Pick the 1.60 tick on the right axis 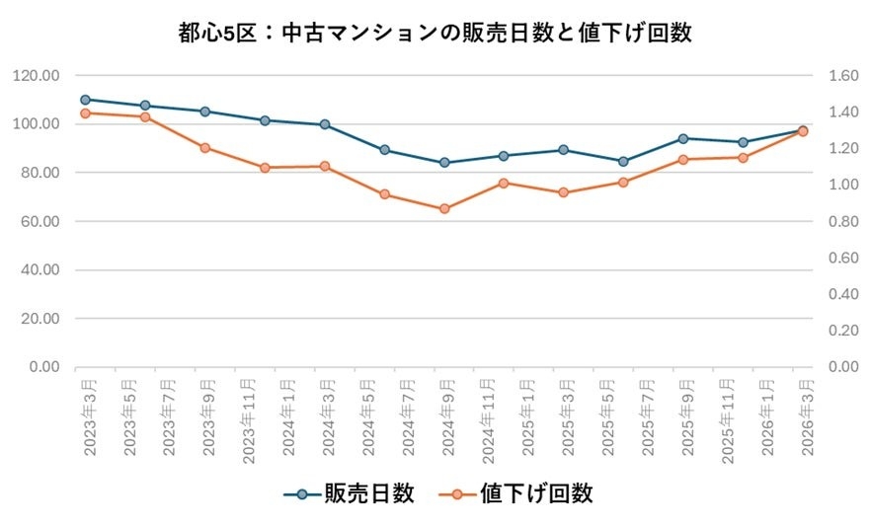click(x=832, y=76)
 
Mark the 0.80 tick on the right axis click(x=832, y=221)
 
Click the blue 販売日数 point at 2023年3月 click(x=85, y=100)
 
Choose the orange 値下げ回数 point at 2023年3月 click(x=85, y=113)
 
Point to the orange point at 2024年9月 click(x=444, y=209)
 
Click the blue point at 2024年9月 click(x=444, y=163)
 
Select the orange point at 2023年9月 click(x=204, y=148)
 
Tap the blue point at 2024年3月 click(x=325, y=124)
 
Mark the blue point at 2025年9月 click(x=683, y=138)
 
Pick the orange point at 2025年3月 click(x=564, y=192)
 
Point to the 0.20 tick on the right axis click(x=832, y=331)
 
